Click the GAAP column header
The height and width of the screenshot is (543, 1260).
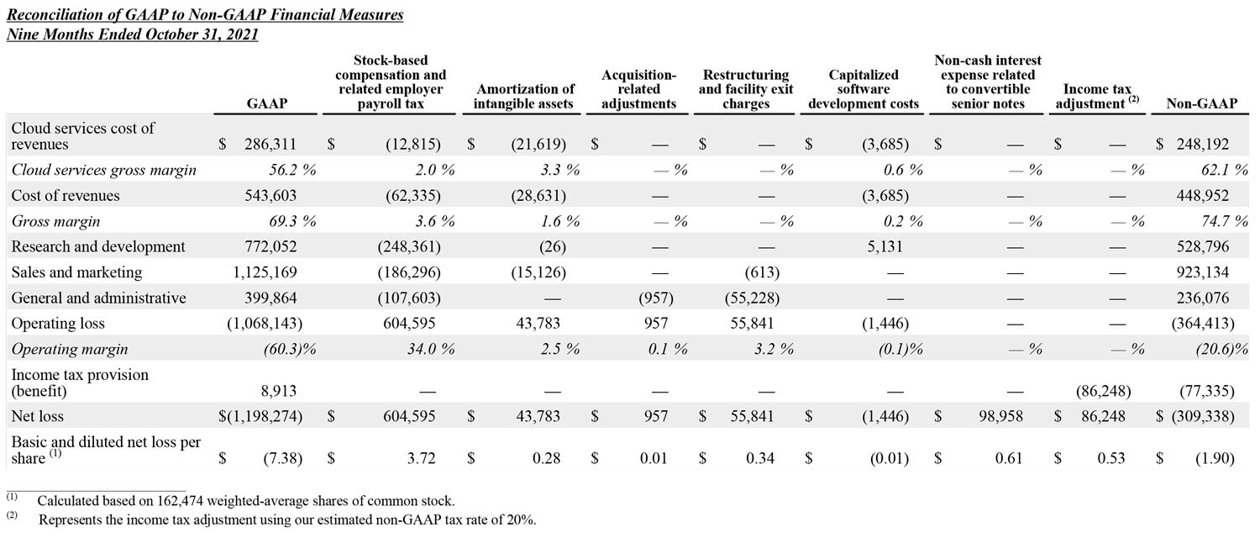pyautogui.click(x=267, y=103)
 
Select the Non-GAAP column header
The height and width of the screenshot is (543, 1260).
pyautogui.click(x=1201, y=103)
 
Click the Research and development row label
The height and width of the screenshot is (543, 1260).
pyautogui.click(x=98, y=247)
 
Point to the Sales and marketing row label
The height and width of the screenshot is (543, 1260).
pyautogui.click(x=76, y=272)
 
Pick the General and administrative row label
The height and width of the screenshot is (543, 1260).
pyautogui.click(x=99, y=298)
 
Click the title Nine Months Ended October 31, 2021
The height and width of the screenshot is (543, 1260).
pyautogui.click(x=133, y=34)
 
